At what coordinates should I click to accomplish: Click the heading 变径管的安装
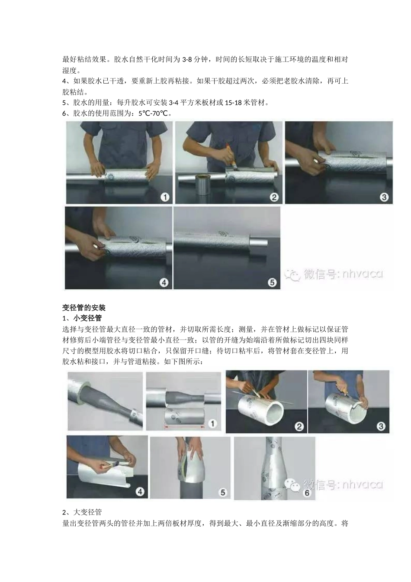(x=83, y=307)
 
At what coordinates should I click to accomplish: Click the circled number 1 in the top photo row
(x=165, y=197)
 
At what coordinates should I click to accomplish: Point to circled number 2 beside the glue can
(x=274, y=197)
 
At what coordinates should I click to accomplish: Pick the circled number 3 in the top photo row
(x=384, y=197)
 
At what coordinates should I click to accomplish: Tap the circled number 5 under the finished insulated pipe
(x=272, y=282)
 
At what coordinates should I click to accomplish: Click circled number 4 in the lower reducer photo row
(x=140, y=491)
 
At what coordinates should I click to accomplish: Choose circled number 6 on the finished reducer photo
(x=307, y=492)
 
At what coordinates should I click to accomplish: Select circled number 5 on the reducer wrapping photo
(x=222, y=492)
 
